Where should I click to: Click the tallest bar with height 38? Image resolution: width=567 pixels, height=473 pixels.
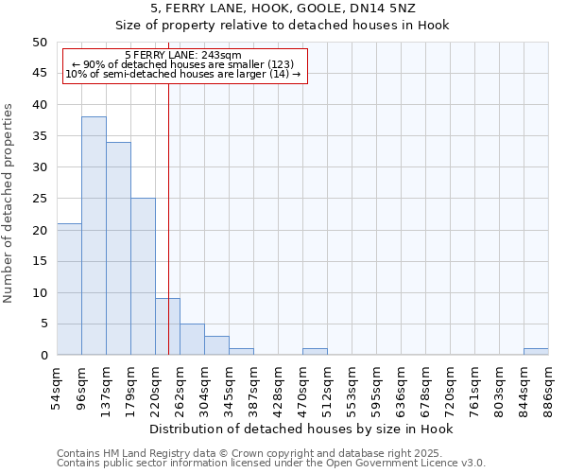click(x=94, y=236)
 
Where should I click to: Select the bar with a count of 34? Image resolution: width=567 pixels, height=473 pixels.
click(x=118, y=249)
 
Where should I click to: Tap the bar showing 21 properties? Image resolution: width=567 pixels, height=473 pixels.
click(x=69, y=289)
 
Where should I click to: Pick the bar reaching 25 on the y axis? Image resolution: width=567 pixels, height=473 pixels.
click(x=143, y=276)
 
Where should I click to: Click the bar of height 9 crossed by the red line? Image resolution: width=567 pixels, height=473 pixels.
click(x=167, y=326)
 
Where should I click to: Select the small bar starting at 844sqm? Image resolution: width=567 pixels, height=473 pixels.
click(x=536, y=352)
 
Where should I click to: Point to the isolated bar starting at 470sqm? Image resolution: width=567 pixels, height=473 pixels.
click(x=315, y=352)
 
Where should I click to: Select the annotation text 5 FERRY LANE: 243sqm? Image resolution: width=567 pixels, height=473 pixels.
click(x=183, y=55)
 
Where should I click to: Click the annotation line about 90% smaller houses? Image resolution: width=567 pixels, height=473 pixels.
click(x=183, y=64)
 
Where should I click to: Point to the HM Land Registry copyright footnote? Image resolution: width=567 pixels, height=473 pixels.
click(x=270, y=453)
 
